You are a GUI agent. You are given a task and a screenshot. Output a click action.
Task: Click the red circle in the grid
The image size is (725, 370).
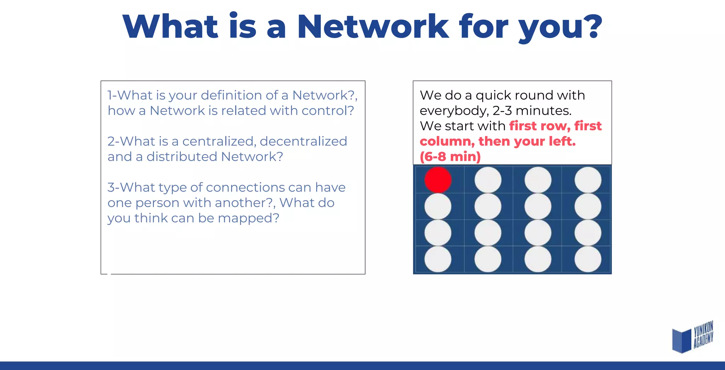pos(438,180)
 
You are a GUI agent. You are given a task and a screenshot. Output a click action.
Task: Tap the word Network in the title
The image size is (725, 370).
pos(373,27)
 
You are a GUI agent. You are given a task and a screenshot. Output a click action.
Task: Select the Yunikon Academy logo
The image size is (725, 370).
pos(692,337)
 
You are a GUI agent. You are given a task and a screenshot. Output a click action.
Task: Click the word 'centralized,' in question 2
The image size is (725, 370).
pos(219,141)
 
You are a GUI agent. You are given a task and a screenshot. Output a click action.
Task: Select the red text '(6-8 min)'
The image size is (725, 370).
pos(450,156)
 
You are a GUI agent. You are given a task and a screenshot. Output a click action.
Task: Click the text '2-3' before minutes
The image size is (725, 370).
pos(502,111)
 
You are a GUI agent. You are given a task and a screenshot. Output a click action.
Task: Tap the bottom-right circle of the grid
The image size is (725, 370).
pos(588,259)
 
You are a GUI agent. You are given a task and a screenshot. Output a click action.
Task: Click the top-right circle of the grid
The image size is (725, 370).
pos(588,180)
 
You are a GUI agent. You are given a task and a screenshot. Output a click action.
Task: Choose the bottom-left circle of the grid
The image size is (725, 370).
pos(438,259)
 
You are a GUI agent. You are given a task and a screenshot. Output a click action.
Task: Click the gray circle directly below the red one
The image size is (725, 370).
pos(438,206)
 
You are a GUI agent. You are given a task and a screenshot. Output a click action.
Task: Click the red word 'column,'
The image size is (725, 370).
pos(447,141)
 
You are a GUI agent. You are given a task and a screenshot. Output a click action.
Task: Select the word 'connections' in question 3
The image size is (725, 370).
pos(245,187)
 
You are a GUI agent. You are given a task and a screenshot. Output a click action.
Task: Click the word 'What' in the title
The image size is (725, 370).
pos(170,27)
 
